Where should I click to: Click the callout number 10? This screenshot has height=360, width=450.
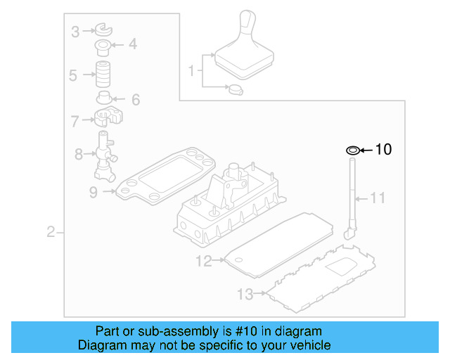pos(383,149)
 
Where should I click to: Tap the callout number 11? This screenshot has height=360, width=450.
pos(378,198)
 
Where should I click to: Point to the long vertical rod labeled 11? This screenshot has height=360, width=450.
pos(350,197)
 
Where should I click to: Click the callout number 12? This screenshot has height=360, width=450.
pos(203,262)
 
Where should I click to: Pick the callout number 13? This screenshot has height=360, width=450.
pos(245,293)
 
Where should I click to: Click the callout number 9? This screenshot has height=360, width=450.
pos(93,191)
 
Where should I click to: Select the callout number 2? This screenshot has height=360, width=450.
pos(51,232)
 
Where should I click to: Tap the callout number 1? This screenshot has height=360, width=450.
pos(191,70)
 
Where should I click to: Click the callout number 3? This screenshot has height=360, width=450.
pos(75,30)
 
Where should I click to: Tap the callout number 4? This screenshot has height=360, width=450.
pos(132,45)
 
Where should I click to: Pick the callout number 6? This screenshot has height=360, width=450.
pos(134,99)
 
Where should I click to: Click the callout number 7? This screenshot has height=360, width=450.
pos(75,121)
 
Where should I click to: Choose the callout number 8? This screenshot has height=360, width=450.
pos(78,153)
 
